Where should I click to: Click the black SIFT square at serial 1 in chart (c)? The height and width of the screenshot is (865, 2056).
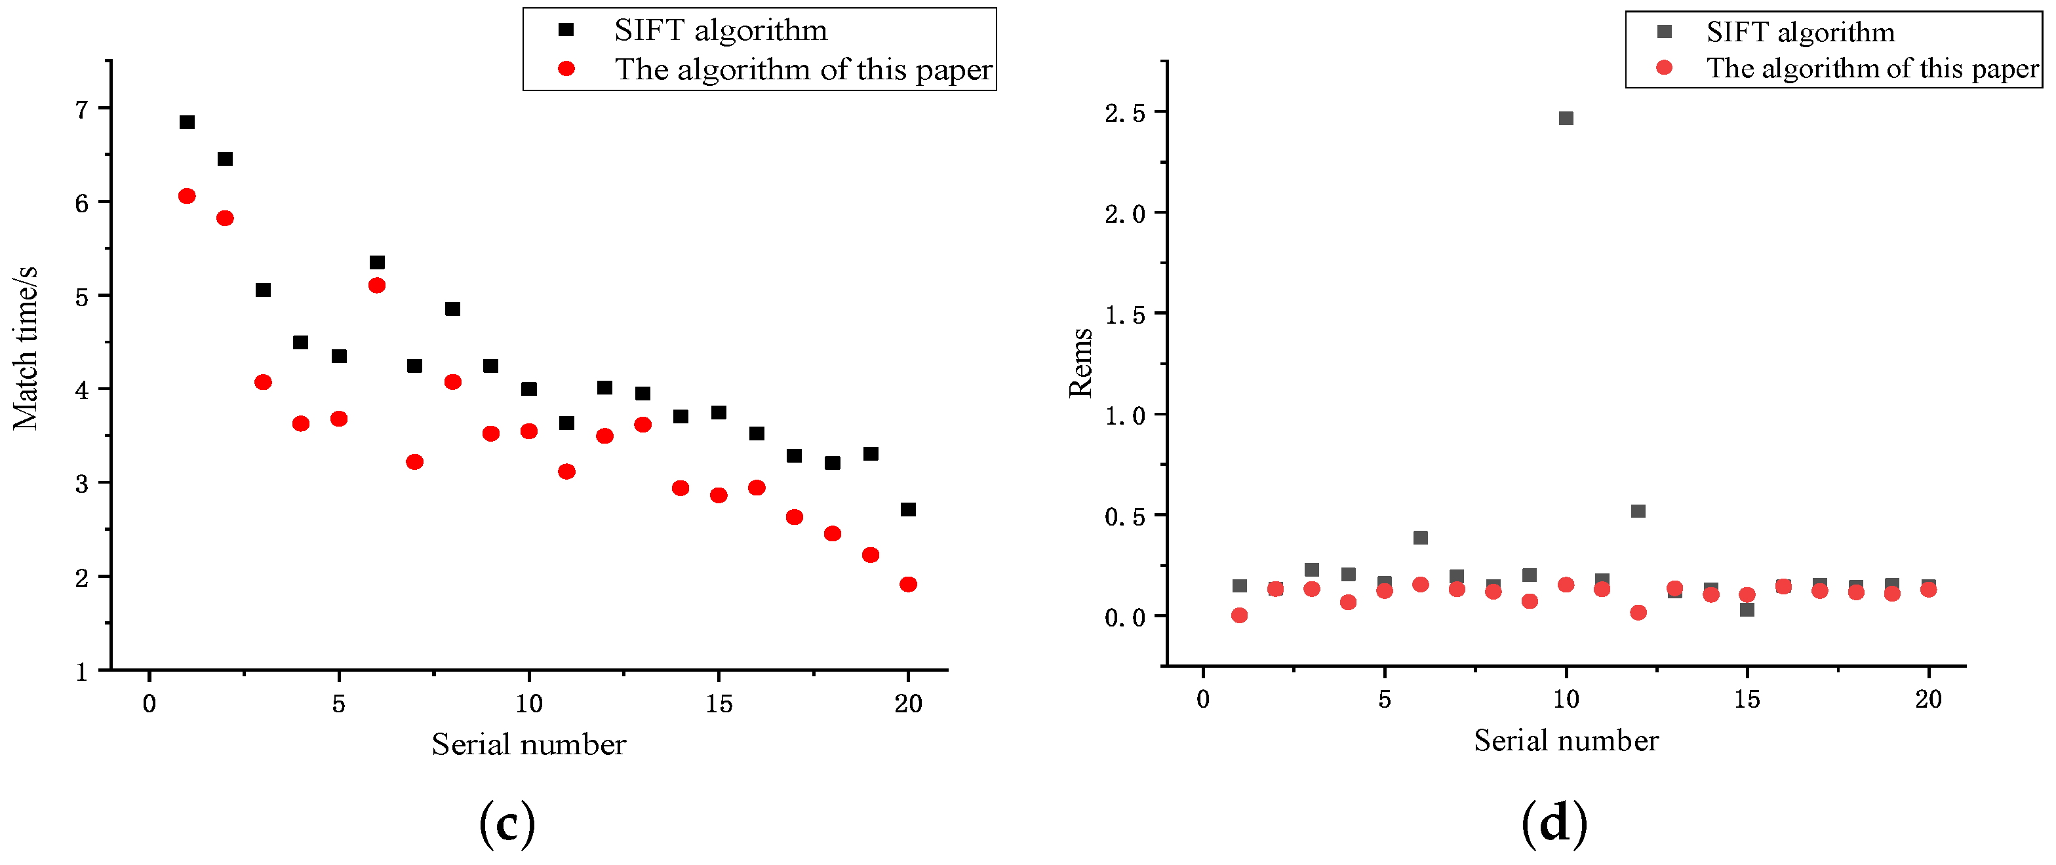click(187, 122)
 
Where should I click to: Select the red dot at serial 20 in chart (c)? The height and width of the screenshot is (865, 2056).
click(907, 584)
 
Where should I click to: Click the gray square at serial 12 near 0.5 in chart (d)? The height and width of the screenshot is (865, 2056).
click(1638, 510)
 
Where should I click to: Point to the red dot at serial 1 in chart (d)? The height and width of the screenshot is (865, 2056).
click(1238, 615)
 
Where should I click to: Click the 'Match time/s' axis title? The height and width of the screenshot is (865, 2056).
click(26, 349)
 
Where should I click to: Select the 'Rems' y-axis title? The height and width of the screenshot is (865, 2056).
click(1080, 362)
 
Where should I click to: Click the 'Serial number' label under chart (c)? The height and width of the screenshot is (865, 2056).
click(528, 744)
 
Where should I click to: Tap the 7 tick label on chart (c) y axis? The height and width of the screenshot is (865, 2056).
click(81, 109)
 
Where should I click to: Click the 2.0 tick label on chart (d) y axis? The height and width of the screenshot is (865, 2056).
click(1126, 214)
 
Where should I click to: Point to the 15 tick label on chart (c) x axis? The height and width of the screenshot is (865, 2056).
click(719, 704)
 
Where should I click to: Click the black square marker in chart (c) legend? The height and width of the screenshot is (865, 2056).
click(566, 30)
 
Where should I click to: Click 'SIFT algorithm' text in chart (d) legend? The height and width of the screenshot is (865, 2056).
click(1800, 32)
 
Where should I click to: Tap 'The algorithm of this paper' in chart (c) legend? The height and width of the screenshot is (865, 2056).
click(803, 69)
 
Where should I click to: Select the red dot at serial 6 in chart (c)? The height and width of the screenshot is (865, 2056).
click(377, 285)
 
